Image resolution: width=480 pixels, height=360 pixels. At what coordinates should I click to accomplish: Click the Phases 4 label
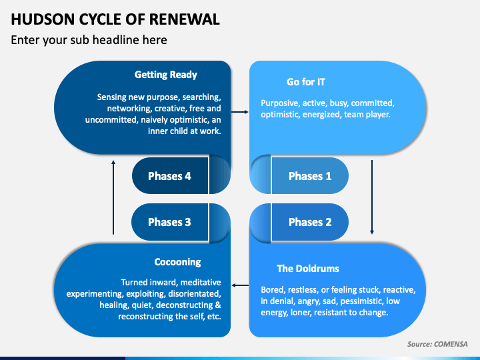[169, 176]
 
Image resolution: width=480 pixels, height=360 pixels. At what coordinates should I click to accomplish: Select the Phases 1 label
[310, 176]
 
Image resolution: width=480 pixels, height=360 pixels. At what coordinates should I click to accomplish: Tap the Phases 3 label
[169, 222]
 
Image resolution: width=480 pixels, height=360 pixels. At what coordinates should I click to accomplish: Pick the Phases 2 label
[310, 222]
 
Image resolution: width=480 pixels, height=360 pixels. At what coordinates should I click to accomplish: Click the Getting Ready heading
[165, 75]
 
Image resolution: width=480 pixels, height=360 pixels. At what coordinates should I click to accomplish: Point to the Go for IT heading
[306, 82]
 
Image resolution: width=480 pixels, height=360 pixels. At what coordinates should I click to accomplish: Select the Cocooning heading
[177, 262]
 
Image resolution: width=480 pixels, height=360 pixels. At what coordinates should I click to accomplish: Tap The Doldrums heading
[308, 269]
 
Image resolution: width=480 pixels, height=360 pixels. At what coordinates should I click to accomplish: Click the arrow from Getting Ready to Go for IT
[240, 112]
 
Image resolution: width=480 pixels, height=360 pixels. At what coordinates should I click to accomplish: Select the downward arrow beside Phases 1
[372, 197]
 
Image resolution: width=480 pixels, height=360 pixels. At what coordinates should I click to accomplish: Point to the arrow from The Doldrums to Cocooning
[240, 285]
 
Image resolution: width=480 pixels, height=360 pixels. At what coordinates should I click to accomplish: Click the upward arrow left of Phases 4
[113, 197]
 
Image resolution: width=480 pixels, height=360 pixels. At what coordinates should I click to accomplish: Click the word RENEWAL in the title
[185, 19]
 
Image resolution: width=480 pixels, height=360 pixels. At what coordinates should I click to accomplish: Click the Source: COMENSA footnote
[437, 344]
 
